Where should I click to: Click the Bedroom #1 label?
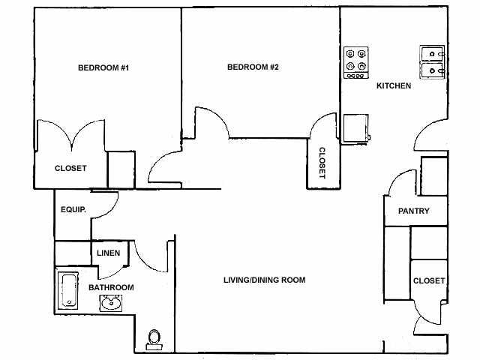pyautogui.click(x=103, y=68)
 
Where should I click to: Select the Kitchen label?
pyautogui.click(x=394, y=85)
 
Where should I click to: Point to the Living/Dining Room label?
pyautogui.click(x=265, y=280)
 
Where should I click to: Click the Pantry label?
pyautogui.click(x=413, y=211)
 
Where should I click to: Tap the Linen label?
pyautogui.click(x=108, y=253)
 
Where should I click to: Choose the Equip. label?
pyautogui.click(x=73, y=211)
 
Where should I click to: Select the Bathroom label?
pyautogui.click(x=111, y=287)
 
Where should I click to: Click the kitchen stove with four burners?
pyautogui.click(x=356, y=64)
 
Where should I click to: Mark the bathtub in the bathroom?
pyautogui.click(x=68, y=290)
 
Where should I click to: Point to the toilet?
pyautogui.click(x=155, y=339)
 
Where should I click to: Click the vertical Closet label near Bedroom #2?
pyautogui.click(x=322, y=163)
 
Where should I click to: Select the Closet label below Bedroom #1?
pyautogui.click(x=70, y=168)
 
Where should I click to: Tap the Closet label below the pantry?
pyautogui.click(x=429, y=280)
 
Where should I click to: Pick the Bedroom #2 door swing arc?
pyautogui.click(x=212, y=122)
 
